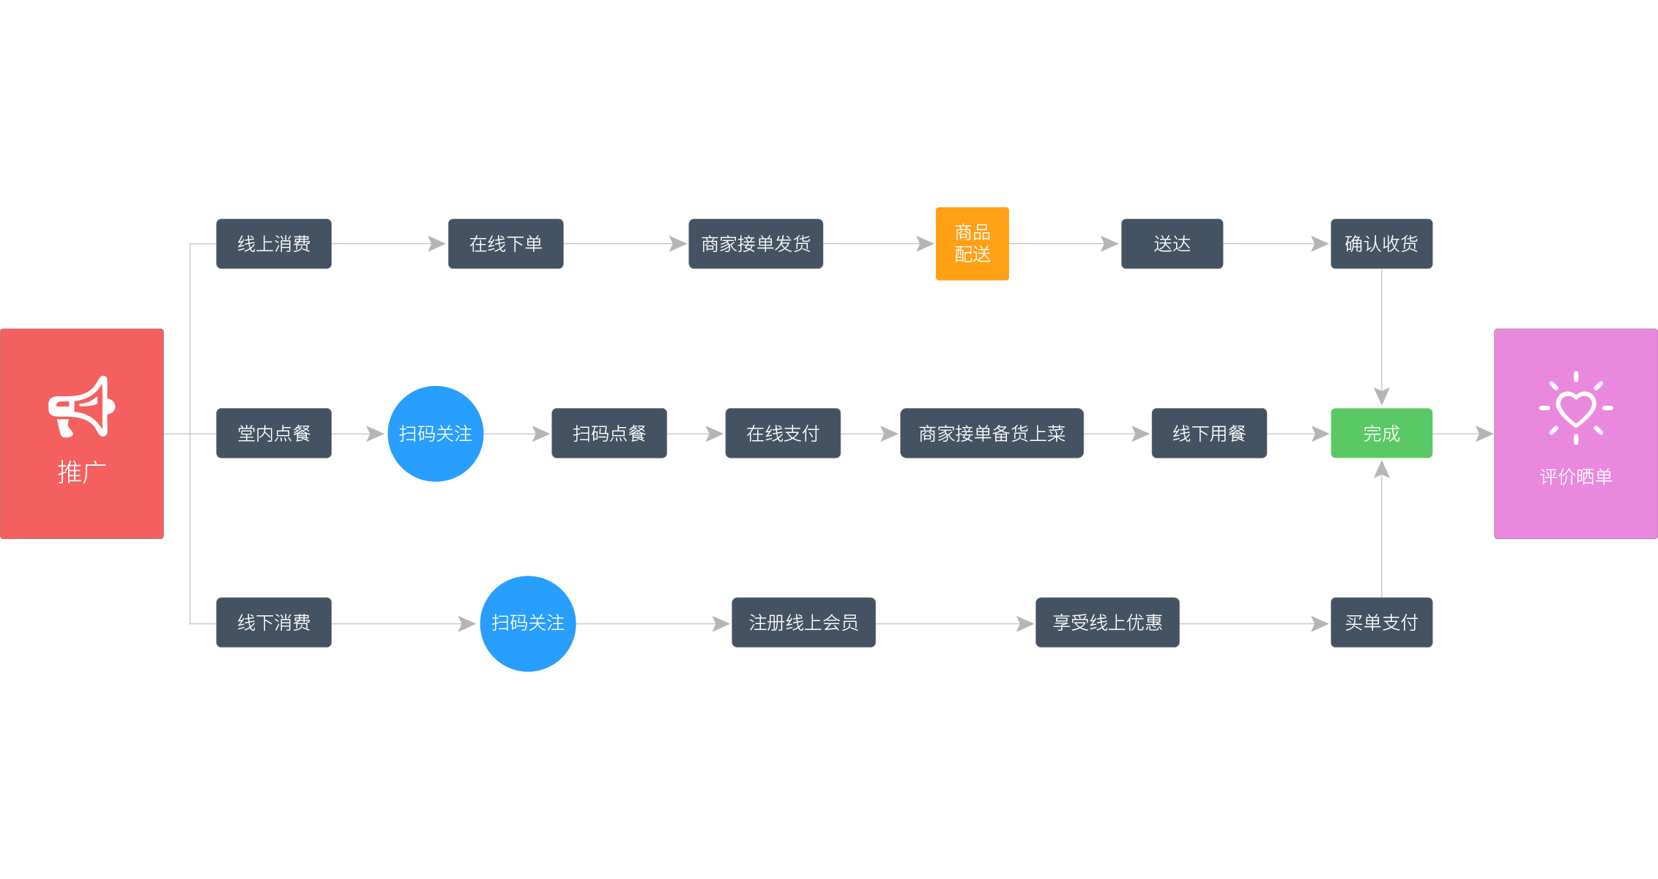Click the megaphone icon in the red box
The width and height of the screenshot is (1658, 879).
(81, 407)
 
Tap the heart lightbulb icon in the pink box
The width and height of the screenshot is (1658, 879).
(1575, 408)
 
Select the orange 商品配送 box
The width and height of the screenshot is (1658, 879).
(972, 244)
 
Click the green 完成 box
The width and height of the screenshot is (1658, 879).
(1381, 434)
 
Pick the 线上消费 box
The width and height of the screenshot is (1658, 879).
(273, 244)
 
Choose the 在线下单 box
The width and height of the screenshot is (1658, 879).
(505, 244)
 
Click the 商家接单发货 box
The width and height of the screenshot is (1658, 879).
(755, 244)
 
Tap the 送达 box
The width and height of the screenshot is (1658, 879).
(1172, 244)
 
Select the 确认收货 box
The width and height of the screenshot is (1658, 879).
(1381, 244)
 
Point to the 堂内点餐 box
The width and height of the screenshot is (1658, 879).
(273, 434)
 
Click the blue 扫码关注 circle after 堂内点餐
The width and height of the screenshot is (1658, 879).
(435, 434)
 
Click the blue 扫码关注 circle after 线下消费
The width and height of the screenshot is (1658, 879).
(527, 623)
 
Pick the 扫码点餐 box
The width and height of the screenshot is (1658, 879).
(609, 434)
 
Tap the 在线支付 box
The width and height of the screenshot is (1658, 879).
(782, 434)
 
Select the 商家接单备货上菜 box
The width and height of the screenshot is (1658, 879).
(992, 434)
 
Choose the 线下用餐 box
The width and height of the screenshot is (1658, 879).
(1208, 434)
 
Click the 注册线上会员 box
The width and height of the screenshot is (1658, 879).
(803, 623)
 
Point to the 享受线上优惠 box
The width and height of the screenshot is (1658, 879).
(1107, 623)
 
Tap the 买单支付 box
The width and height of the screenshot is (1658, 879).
(1381, 623)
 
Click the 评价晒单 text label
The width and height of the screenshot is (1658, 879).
(1575, 477)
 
